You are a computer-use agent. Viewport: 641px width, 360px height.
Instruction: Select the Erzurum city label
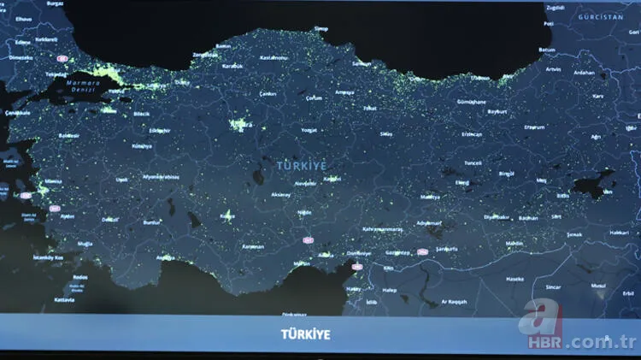[534, 127]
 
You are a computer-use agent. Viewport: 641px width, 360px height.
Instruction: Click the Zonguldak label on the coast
[206, 55]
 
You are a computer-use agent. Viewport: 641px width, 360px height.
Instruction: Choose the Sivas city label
[386, 134]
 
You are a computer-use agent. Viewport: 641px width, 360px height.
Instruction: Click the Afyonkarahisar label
[162, 177]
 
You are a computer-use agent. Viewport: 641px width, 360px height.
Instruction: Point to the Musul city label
[598, 285]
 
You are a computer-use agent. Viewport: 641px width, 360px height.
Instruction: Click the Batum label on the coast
[547, 50]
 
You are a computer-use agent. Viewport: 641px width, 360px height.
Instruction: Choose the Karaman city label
[253, 246]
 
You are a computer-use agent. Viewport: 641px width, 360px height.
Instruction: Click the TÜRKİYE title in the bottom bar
[305, 334]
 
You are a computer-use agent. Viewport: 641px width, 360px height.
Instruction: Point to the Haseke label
[515, 279]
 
